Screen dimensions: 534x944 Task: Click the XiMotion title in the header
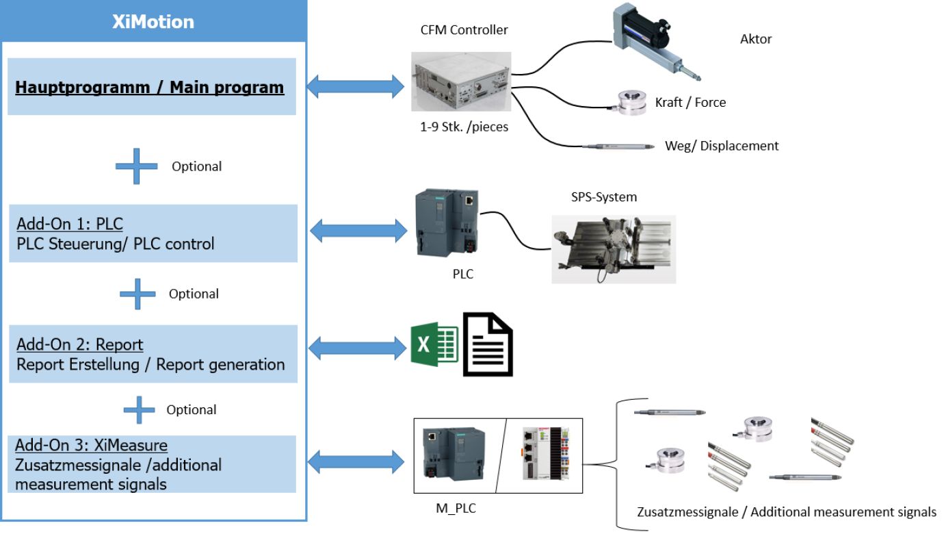[153, 21]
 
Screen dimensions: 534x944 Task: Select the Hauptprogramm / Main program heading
[149, 88]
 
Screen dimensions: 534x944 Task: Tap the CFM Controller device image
[460, 81]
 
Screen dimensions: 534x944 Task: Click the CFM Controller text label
[464, 29]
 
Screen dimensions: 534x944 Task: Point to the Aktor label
[756, 39]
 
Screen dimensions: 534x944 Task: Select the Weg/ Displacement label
[722, 146]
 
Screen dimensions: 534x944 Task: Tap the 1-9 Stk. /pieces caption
[464, 127]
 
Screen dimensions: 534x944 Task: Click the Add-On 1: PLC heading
[70, 223]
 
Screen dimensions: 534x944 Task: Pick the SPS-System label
[604, 197]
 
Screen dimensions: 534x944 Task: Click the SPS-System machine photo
[614, 249]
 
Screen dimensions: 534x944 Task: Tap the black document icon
[488, 344]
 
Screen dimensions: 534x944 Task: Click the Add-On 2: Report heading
[80, 344]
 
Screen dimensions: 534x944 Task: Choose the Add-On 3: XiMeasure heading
[92, 446]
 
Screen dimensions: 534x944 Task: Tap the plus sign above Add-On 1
[137, 166]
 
